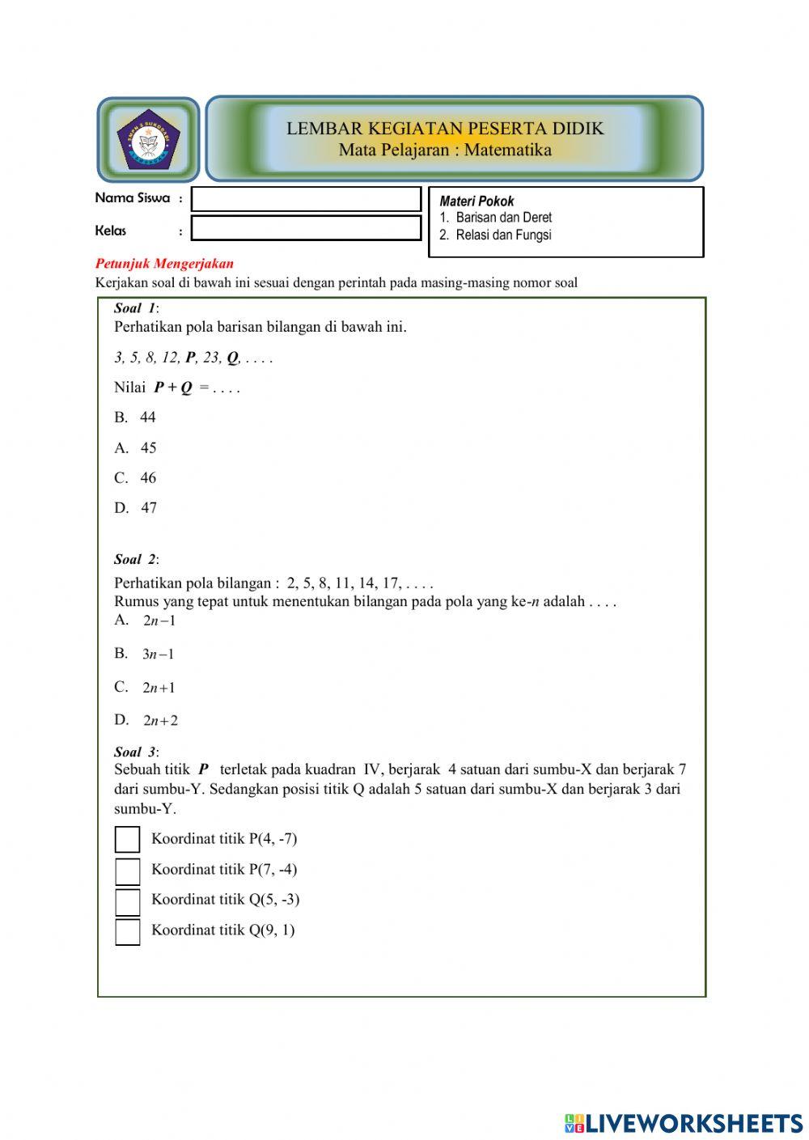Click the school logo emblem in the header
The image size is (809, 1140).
(x=148, y=139)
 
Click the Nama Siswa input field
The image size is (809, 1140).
(x=306, y=199)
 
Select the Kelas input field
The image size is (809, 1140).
(x=306, y=228)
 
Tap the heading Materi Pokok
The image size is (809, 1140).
(x=477, y=201)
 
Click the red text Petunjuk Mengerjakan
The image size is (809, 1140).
(x=164, y=264)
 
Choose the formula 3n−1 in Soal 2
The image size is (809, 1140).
(x=158, y=654)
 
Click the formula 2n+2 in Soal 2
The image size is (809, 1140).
(x=160, y=720)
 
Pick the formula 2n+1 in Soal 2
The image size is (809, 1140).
(x=159, y=688)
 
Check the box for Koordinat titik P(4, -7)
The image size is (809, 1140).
(x=127, y=840)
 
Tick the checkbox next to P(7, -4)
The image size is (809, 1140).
(x=127, y=871)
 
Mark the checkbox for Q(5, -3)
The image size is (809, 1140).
(x=127, y=901)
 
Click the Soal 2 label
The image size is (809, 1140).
(x=136, y=559)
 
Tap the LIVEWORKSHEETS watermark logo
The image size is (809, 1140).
(x=684, y=1123)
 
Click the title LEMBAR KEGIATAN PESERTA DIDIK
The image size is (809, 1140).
(x=445, y=128)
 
